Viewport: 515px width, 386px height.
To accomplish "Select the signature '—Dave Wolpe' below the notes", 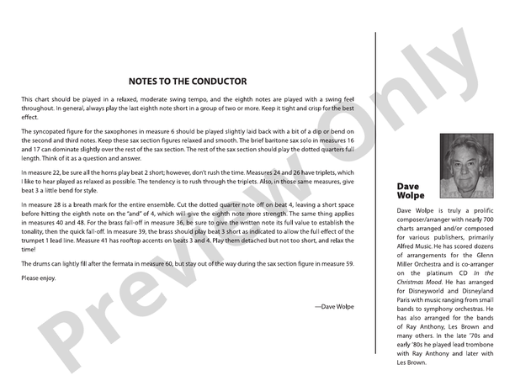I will point(334,307).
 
